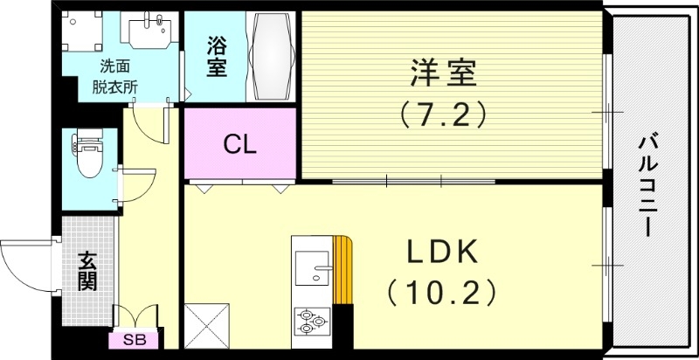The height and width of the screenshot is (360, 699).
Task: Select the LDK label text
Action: (x=441, y=253)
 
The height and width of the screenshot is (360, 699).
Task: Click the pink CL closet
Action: (x=239, y=143)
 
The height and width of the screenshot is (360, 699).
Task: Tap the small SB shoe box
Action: (x=134, y=340)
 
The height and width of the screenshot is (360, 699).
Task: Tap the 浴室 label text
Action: (x=217, y=56)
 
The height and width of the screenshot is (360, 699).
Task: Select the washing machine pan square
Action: (x=83, y=33)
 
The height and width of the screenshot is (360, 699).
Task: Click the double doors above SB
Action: (x=134, y=315)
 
